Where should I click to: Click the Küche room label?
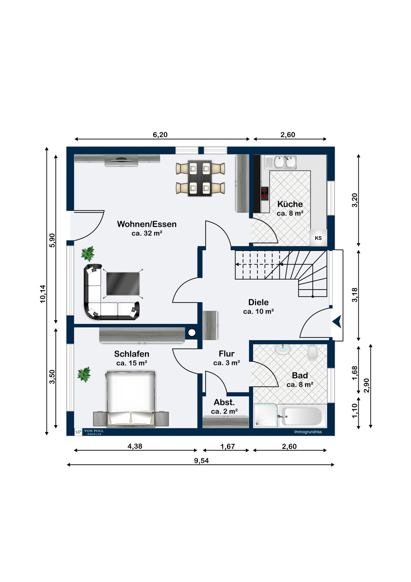(x=290, y=204)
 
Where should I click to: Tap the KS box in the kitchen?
(x=318, y=238)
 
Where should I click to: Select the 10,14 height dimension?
(x=43, y=294)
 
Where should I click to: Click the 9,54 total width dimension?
(x=202, y=461)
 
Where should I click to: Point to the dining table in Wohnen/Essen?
(x=200, y=178)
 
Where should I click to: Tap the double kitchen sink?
(x=280, y=162)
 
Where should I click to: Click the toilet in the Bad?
(x=312, y=353)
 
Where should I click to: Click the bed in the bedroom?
(x=131, y=399)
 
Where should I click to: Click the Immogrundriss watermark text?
(x=308, y=432)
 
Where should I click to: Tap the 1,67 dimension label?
(x=228, y=446)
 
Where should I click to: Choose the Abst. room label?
(x=224, y=402)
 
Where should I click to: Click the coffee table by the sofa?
(x=123, y=284)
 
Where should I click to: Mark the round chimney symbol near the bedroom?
(x=192, y=332)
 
